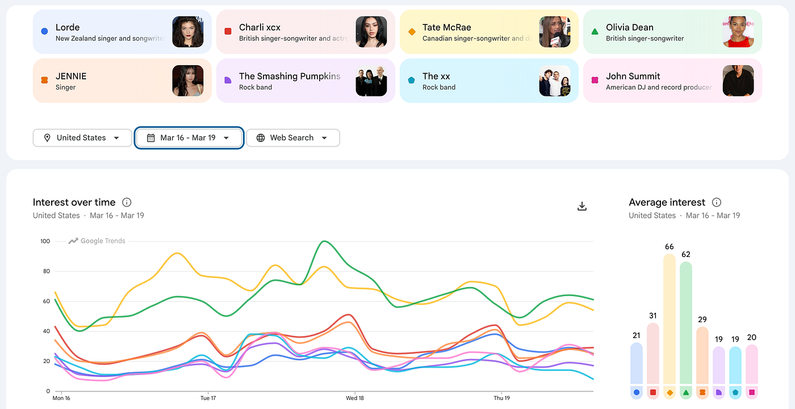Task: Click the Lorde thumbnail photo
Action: pos(188,32)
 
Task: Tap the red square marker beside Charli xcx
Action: pos(228,32)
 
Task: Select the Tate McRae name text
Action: pos(446,27)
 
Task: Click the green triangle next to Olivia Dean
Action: pos(595,32)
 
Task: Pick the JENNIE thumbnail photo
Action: pos(188,81)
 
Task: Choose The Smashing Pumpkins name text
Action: pos(290,76)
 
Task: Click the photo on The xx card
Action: pos(555,81)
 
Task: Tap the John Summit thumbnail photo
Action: pos(738,81)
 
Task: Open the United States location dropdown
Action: pos(82,138)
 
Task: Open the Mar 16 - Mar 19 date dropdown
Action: pos(189,138)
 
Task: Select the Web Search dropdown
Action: pos(293,138)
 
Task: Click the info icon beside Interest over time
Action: pos(127,203)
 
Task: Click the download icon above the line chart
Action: pos(582,206)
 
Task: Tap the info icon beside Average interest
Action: pos(717,203)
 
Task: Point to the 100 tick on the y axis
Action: pos(45,241)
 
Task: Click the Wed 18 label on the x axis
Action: pos(355,398)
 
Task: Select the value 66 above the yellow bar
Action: pos(670,247)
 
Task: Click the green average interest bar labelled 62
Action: pos(686,323)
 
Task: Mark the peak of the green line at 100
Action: pos(324,241)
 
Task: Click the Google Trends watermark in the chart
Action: pos(97,241)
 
